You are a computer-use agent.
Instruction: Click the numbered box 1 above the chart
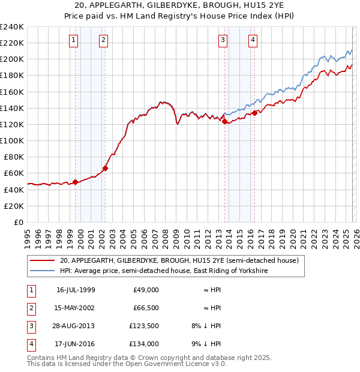(x=73, y=40)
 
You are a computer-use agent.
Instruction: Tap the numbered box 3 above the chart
(x=223, y=40)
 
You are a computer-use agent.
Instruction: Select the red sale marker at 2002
(x=105, y=168)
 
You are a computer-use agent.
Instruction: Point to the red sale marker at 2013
(x=224, y=122)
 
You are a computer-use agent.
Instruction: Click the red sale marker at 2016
(x=254, y=113)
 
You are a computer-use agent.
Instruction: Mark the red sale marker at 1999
(x=75, y=182)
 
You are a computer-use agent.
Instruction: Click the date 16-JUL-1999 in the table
(x=76, y=290)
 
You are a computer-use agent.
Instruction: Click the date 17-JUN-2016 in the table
(x=76, y=345)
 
